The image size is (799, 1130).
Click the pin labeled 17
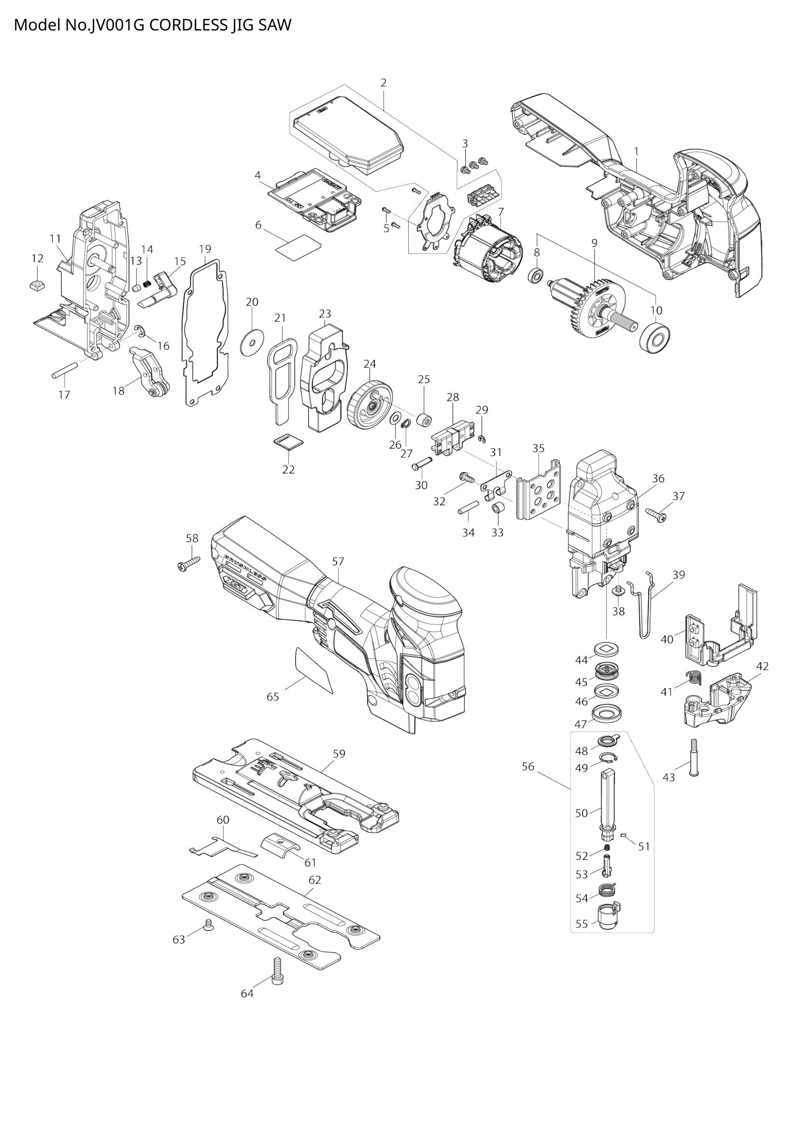pyautogui.click(x=64, y=370)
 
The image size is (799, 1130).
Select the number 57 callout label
pyautogui.click(x=338, y=561)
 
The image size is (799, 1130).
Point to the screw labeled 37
pyautogui.click(x=656, y=515)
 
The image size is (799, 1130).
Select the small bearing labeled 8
pyautogui.click(x=536, y=275)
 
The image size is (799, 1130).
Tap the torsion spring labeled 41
pyautogui.click(x=693, y=678)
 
